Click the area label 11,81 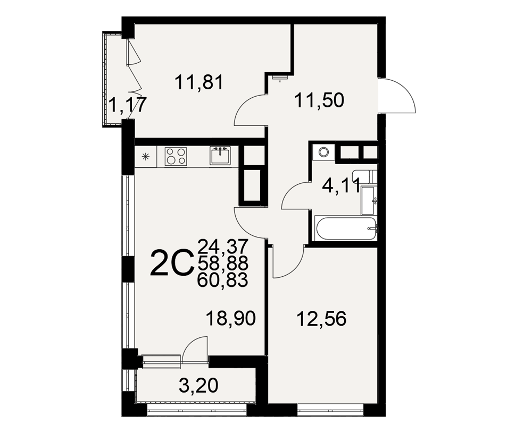pyautogui.click(x=199, y=83)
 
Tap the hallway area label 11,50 pyautogui.click(x=319, y=100)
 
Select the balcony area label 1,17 pyautogui.click(x=127, y=105)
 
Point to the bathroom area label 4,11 pyautogui.click(x=341, y=186)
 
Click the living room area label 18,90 pyautogui.click(x=231, y=319)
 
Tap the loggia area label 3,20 pyautogui.click(x=198, y=386)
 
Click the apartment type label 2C pyautogui.click(x=171, y=262)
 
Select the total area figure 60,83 pyautogui.click(x=223, y=280)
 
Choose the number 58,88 pyautogui.click(x=223, y=263)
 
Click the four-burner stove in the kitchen pyautogui.click(x=176, y=157)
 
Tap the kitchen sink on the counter pyautogui.click(x=220, y=156)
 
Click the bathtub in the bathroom pyautogui.click(x=345, y=228)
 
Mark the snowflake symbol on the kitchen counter pyautogui.click(x=146, y=157)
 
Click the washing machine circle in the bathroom pyautogui.click(x=324, y=152)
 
